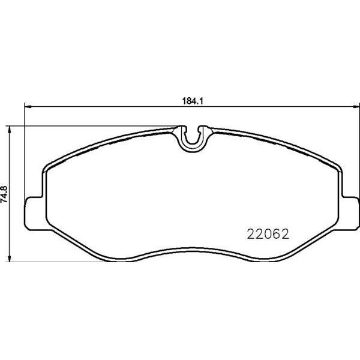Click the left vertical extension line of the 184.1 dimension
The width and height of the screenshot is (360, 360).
[23, 150]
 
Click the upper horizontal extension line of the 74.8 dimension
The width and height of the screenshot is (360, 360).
[90, 126]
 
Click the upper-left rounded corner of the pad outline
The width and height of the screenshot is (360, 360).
[49, 165]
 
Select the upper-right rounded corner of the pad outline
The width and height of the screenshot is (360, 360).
[336, 165]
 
